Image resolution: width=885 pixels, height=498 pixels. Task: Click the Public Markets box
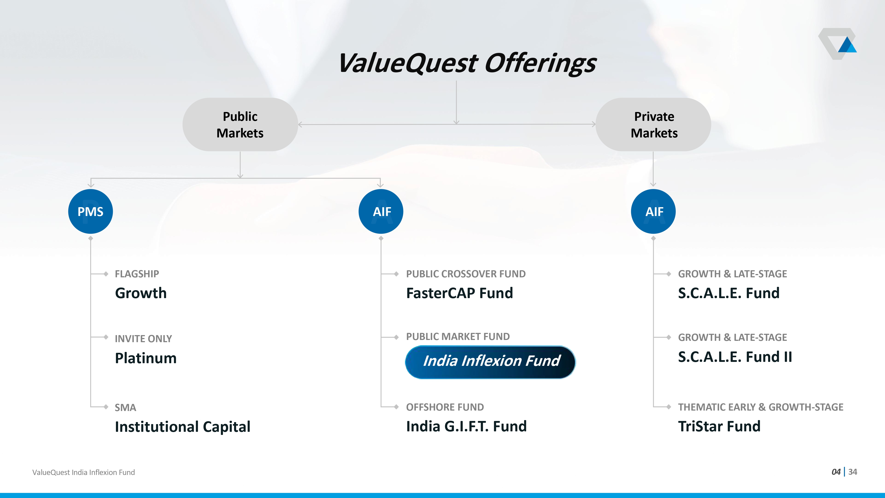pos(240,124)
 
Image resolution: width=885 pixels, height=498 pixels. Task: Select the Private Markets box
pos(653,124)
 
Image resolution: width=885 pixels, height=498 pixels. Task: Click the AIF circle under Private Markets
pos(653,211)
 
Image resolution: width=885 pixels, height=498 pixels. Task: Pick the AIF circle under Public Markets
pos(381,211)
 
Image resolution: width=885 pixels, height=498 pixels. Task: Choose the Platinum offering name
pos(146,358)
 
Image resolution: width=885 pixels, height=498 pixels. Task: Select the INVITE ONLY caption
pos(143,339)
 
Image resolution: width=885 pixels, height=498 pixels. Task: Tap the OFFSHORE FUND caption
pos(445,407)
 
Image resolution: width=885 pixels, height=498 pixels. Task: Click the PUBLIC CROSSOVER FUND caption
pos(466,274)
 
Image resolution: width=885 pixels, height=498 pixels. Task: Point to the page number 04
pos(836,472)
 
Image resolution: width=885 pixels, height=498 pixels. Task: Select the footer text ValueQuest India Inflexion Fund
pos(83,473)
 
